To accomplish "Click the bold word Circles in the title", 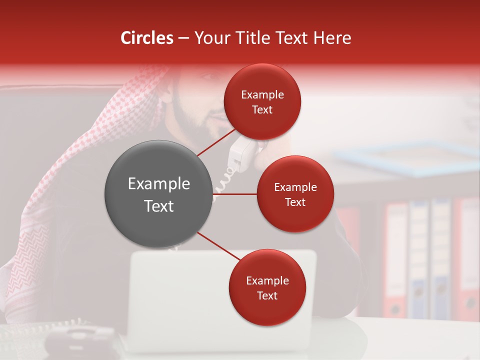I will coord(147,38).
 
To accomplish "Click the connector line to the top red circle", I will coord(216,142).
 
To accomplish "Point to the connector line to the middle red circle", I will coord(235,193).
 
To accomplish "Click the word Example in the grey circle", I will coord(159,184).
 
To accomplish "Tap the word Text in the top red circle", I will coord(262,110).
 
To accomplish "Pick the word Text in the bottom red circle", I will coord(267,296).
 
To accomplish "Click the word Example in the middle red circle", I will coord(295,187).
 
